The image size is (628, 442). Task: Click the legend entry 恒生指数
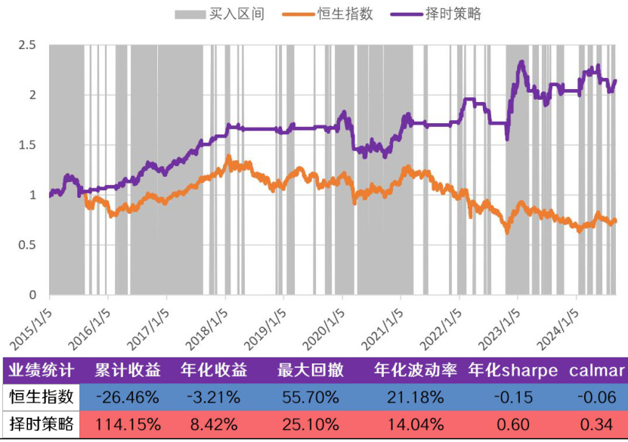point(345,14)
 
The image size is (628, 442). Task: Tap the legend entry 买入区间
point(236,14)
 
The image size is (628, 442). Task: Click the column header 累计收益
point(127,370)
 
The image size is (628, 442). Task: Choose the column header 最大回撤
point(310,370)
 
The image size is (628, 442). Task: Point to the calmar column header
point(596,370)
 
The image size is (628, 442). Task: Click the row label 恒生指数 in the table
point(41,397)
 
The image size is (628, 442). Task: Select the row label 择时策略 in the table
point(41,424)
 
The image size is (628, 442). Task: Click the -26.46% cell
point(127,397)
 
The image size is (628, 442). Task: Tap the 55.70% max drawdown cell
point(310,397)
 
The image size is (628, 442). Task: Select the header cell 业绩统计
point(41,370)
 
